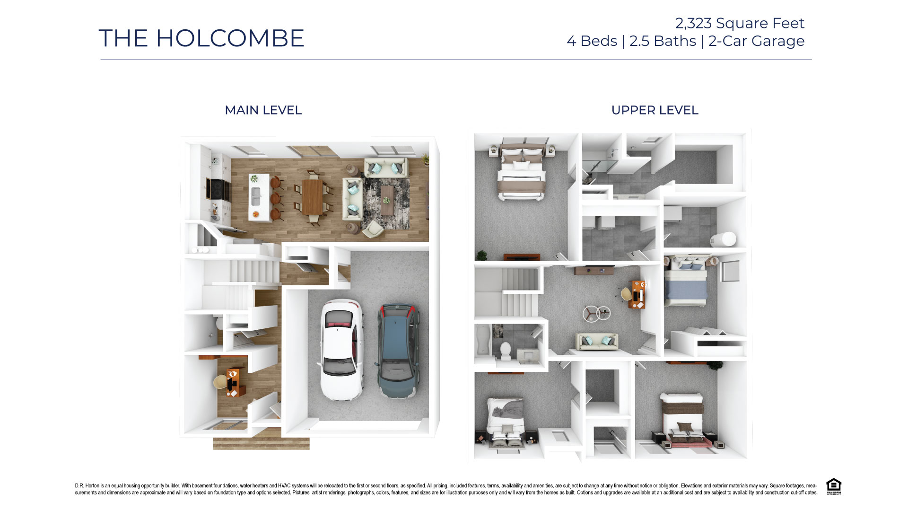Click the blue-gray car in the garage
pyautogui.click(x=399, y=350)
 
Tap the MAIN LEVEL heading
pyautogui.click(x=263, y=110)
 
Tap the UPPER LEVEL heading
pyautogui.click(x=655, y=110)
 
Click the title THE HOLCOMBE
pyautogui.click(x=201, y=38)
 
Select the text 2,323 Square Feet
pyautogui.click(x=739, y=23)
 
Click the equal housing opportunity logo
pyautogui.click(x=833, y=486)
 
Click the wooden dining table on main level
pyautogui.click(x=312, y=196)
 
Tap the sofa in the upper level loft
pyautogui.click(x=596, y=342)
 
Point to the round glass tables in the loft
pyautogui.click(x=596, y=314)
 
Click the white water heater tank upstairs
pyautogui.click(x=723, y=239)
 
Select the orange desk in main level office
pyautogui.click(x=233, y=382)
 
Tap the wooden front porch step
pyautogui.click(x=261, y=443)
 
